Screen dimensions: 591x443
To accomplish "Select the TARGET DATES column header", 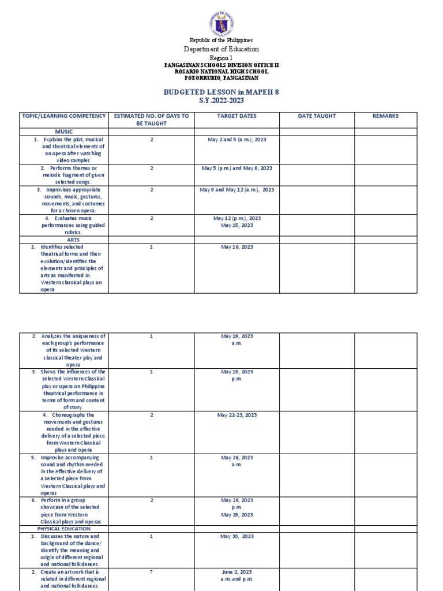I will click(x=236, y=116).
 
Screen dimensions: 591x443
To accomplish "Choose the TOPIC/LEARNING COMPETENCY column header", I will click(x=63, y=116).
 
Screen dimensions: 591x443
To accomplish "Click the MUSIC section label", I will click(x=63, y=132).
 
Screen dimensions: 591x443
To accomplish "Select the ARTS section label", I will click(x=63, y=239).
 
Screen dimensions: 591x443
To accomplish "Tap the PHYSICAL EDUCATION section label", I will click(x=63, y=528).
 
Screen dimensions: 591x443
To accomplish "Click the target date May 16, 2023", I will click(x=236, y=247).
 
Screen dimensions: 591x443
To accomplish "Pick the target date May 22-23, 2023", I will click(x=236, y=415).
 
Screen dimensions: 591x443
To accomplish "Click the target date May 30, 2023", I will click(x=236, y=536).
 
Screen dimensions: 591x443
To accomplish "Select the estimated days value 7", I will click(x=152, y=571).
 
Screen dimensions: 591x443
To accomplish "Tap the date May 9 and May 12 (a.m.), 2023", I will click(x=236, y=189).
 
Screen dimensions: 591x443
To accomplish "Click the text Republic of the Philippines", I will click(x=221, y=40).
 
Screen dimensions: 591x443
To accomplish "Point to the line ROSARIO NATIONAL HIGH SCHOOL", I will click(x=221, y=72).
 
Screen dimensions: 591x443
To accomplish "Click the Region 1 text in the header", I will click(x=221, y=58).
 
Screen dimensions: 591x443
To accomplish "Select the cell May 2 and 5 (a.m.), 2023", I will click(x=236, y=140).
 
